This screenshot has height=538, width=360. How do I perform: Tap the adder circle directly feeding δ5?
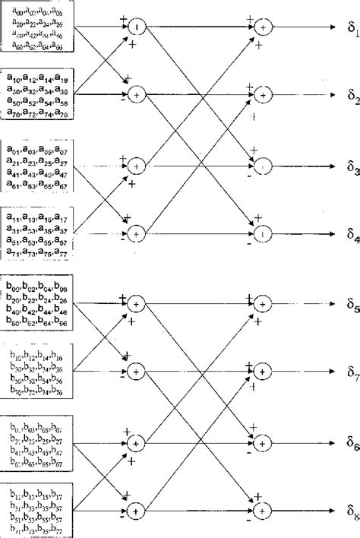[263, 283]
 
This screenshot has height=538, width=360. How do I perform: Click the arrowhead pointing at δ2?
[331, 95]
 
